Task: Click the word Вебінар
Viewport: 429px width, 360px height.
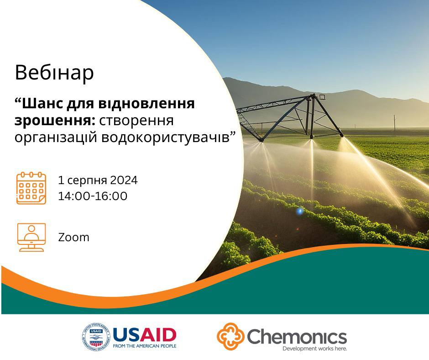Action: click(54, 73)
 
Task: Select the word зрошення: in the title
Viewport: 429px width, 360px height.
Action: click(55, 120)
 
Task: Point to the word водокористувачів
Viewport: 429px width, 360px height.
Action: click(168, 137)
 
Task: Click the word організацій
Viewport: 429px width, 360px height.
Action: click(56, 138)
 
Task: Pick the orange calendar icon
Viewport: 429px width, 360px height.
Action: click(31, 188)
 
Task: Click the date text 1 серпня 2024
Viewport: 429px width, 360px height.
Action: click(98, 180)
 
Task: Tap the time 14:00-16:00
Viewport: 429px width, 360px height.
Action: click(93, 196)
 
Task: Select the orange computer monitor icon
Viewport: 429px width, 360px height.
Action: click(31, 237)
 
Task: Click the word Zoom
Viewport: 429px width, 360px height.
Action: click(73, 237)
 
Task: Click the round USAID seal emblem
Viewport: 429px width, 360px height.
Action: click(96, 337)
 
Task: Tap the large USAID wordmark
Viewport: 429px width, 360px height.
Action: click(145, 335)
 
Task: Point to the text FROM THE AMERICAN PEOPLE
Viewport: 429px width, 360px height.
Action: click(145, 346)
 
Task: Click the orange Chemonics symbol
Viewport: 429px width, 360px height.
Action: click(230, 336)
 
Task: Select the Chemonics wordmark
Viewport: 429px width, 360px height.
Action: click(297, 336)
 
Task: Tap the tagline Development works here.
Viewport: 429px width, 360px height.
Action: click(314, 349)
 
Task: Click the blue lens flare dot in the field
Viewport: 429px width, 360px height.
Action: click(300, 211)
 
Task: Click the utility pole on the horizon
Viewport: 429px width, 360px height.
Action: click(394, 126)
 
